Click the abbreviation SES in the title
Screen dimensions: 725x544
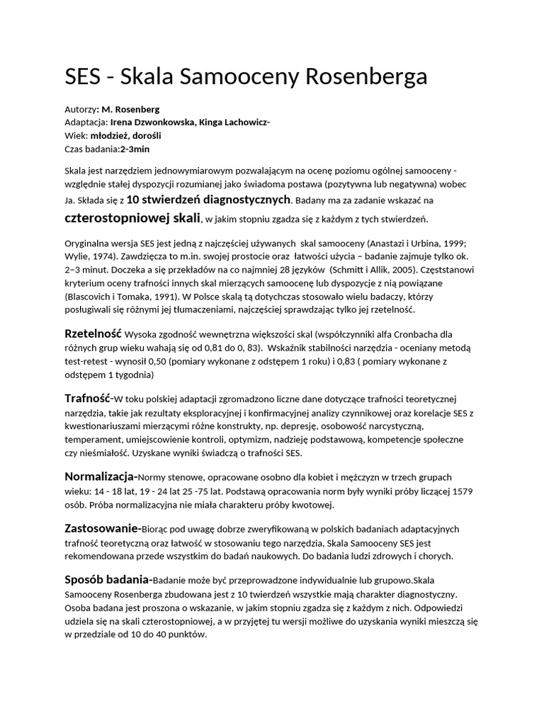pos(82,76)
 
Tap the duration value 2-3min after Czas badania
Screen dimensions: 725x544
pos(135,149)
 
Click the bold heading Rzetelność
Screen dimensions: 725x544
pos(93,333)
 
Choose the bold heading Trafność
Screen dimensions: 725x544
pos(88,399)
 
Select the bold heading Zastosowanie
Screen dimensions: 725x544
pos(101,528)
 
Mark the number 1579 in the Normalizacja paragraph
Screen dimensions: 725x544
pos(463,491)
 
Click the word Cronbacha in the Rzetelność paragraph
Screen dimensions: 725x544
pos(427,334)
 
